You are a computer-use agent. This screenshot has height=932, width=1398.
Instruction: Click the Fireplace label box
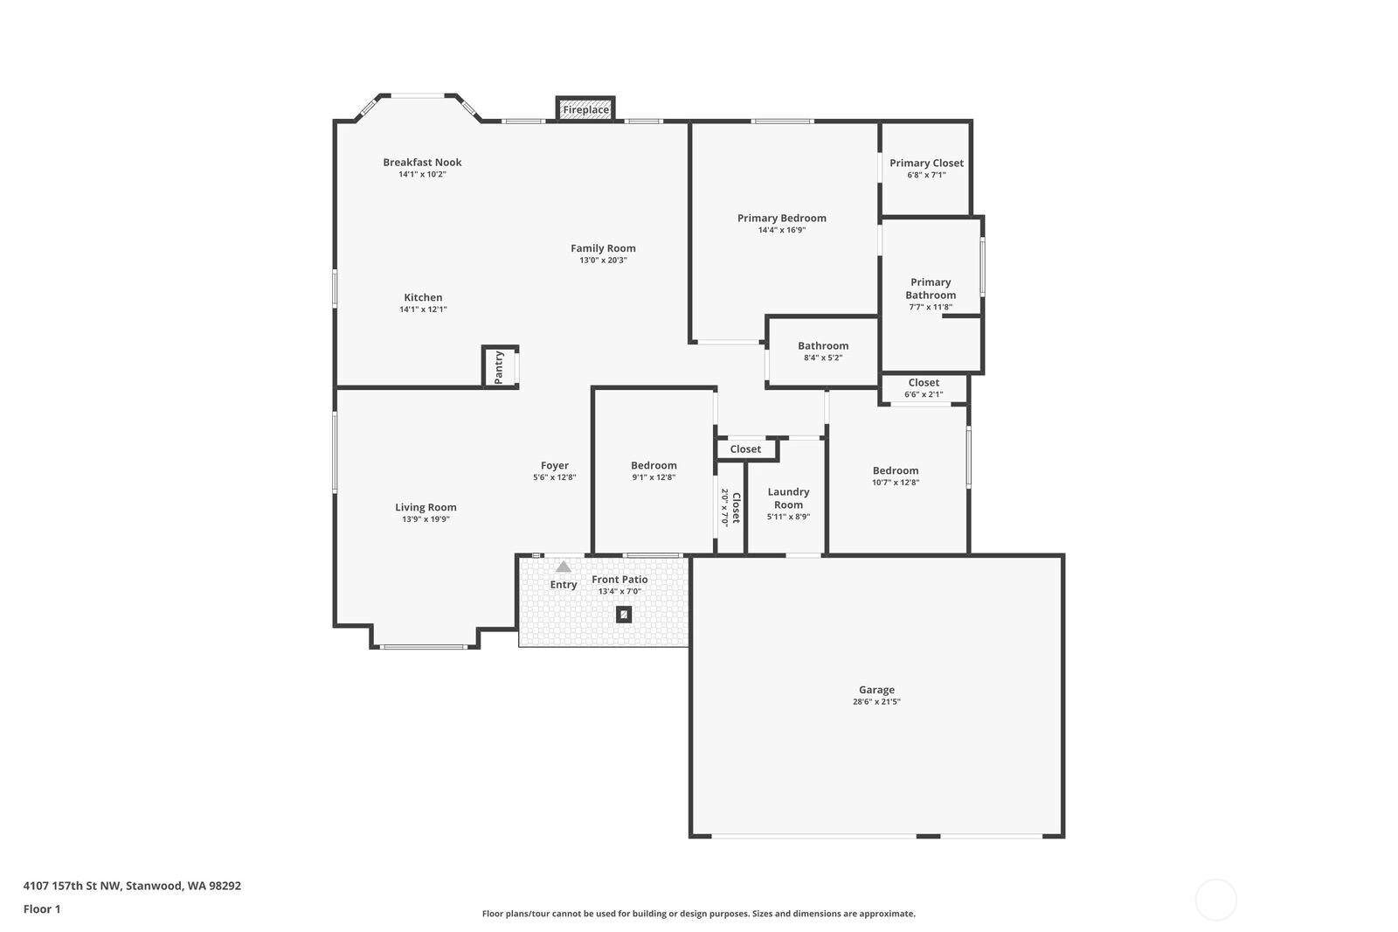pos(585,108)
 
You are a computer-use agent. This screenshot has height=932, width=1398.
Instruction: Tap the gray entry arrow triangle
pos(564,567)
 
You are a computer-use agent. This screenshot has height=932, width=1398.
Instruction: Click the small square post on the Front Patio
pos(624,615)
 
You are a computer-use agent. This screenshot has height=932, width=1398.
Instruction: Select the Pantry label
pos(499,367)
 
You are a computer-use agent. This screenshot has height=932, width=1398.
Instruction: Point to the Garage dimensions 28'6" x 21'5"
pos(876,701)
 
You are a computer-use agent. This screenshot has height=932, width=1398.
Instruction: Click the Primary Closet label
pos(926,163)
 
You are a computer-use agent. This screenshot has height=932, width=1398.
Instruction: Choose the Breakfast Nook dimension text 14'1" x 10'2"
pos(423,174)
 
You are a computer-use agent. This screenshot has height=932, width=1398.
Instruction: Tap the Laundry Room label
pos(788,498)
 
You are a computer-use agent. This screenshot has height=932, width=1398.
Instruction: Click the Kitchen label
pos(423,297)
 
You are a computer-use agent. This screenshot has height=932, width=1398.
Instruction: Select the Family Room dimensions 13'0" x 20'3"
pos(603,260)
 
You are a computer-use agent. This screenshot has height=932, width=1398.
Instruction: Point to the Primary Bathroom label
pos(931,289)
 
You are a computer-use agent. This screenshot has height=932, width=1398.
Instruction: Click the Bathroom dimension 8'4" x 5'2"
pos(823,358)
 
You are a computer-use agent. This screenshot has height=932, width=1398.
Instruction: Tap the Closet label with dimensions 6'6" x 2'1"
pos(924,382)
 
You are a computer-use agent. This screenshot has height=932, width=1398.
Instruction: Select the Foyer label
pos(554,465)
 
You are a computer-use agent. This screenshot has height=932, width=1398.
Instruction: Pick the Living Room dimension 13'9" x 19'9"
pos(426,519)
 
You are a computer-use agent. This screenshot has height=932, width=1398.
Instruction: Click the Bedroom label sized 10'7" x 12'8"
pos(895,470)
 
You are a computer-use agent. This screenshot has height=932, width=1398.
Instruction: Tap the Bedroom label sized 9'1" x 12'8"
pos(654,465)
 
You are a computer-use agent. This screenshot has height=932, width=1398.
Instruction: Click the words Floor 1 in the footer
pos(42,909)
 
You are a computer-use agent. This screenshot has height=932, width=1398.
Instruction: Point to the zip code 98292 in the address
pos(225,885)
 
